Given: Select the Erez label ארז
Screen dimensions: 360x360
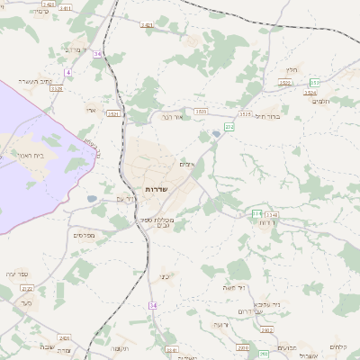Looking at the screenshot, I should click(x=91, y=111).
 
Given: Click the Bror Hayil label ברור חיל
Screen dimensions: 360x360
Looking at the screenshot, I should click(x=269, y=116).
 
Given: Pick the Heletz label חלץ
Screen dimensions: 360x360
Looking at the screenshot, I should click(x=291, y=69).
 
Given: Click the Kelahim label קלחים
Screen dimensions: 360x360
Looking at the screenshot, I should click(x=338, y=347).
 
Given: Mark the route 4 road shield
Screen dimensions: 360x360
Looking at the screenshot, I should click(x=68, y=71).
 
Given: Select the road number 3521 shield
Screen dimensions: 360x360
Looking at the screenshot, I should click(x=113, y=114).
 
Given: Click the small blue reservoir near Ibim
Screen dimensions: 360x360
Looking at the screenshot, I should click(x=215, y=136).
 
